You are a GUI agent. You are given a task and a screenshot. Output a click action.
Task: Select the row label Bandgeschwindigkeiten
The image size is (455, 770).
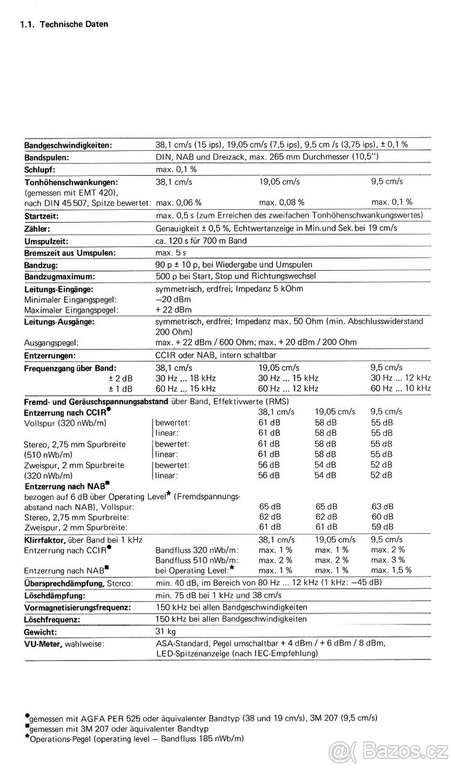click(x=68, y=145)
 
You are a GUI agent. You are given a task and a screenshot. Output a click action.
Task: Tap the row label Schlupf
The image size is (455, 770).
click(x=39, y=169)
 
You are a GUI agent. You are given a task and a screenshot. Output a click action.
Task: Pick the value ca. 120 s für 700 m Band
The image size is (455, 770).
click(x=201, y=241)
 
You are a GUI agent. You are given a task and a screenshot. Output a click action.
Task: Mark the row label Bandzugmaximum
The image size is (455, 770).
click(x=59, y=277)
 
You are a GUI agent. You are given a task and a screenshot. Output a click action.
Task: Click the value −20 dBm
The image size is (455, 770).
click(x=171, y=299)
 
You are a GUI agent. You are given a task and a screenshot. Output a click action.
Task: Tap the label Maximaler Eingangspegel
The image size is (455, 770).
click(x=71, y=310)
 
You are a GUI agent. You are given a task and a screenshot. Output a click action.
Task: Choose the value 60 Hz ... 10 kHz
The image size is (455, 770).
click(x=400, y=388)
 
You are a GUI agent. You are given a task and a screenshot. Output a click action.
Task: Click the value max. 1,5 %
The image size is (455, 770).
click(x=391, y=570)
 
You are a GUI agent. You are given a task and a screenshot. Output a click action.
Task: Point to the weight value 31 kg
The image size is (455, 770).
click(x=166, y=631)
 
